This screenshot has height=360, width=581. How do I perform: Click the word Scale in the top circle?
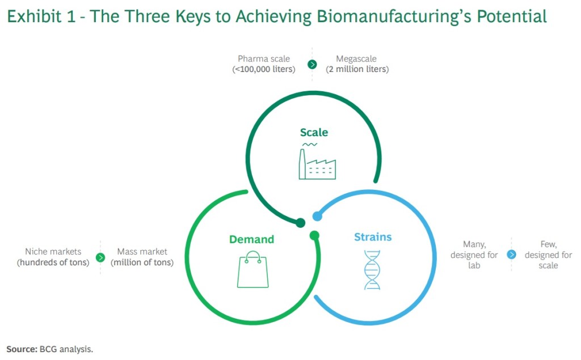[x=314, y=133]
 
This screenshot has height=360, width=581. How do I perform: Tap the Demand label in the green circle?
[x=251, y=239]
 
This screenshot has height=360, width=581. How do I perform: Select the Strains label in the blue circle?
[x=373, y=237]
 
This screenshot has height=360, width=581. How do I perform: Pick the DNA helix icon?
[x=372, y=270]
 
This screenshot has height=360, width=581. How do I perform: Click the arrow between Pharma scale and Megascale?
[x=312, y=64]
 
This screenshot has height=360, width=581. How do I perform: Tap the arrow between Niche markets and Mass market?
[x=100, y=257]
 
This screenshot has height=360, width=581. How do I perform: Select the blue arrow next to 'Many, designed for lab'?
[x=511, y=255]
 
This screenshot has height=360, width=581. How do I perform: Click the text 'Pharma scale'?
[x=264, y=59]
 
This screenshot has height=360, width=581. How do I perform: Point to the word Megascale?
[x=356, y=59]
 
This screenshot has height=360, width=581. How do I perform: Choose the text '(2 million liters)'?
[x=357, y=69]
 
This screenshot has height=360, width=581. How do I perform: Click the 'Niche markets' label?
[x=53, y=252]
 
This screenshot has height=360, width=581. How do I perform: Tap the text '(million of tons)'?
[x=142, y=262]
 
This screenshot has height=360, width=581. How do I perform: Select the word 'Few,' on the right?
[x=548, y=244]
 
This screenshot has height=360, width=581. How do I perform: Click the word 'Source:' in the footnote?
[x=22, y=348]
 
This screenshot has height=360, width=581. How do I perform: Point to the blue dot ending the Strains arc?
[x=318, y=216]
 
